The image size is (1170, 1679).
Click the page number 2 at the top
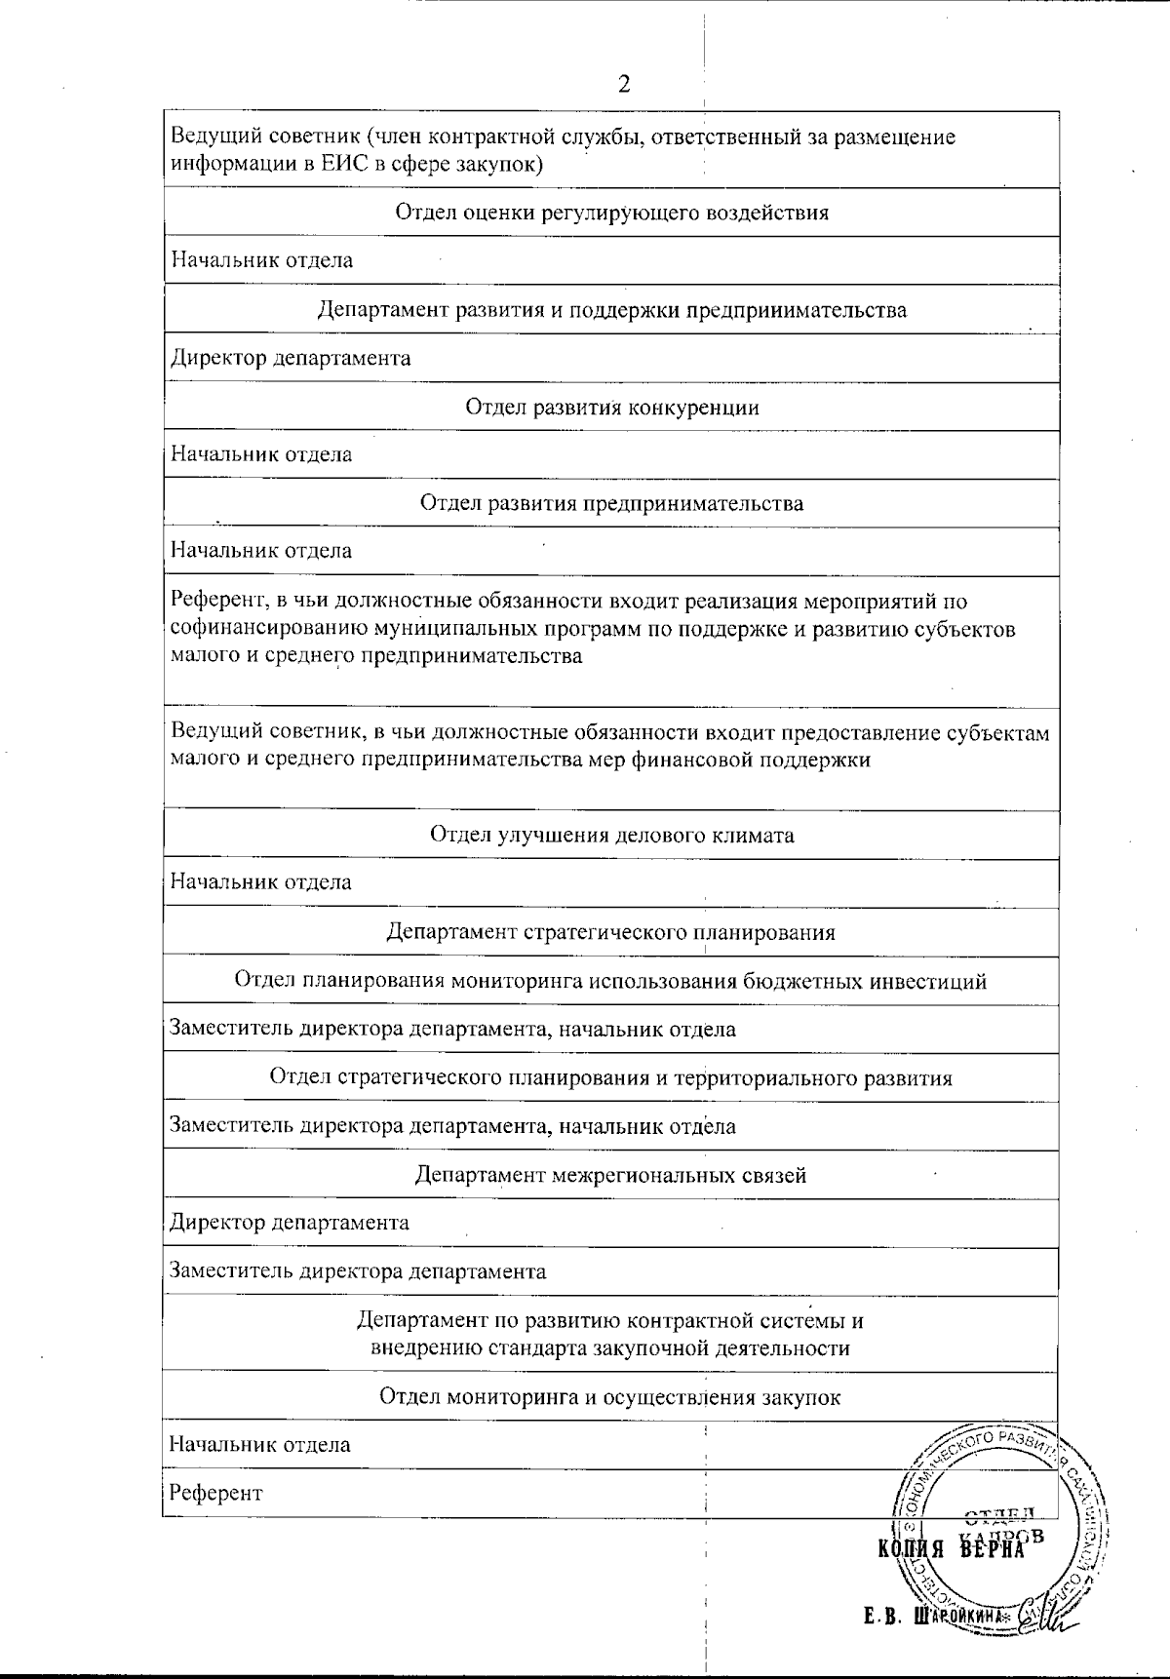tap(624, 84)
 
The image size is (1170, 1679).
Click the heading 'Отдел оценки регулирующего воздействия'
tap(611, 213)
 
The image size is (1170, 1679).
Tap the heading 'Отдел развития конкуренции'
tap(611, 407)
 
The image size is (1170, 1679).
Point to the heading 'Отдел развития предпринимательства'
tap(611, 503)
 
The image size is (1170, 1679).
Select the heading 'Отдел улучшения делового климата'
tap(611, 835)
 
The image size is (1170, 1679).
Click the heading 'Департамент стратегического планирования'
tap(611, 932)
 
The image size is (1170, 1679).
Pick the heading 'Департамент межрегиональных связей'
tap(611, 1175)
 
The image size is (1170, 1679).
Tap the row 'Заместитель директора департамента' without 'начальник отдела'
tap(357, 1271)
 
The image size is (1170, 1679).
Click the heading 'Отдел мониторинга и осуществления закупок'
tap(609, 1397)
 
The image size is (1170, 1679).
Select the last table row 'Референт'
tap(216, 1493)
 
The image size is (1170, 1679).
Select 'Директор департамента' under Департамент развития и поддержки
tap(291, 358)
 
